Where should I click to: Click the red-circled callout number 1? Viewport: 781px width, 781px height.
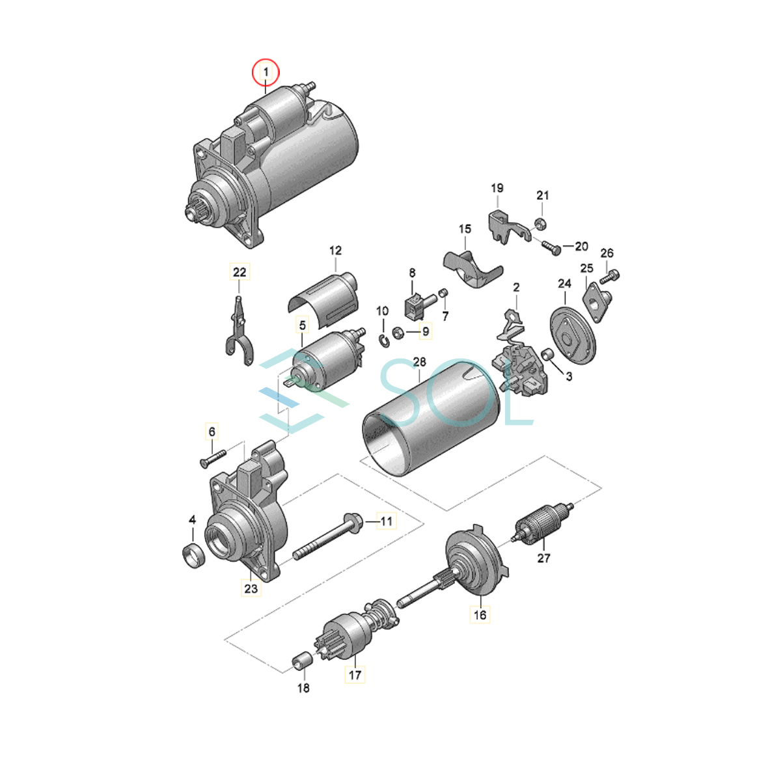pos(266,72)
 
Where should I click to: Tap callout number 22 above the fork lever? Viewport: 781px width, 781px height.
pos(240,272)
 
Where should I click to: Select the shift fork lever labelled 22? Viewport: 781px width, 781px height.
pos(240,331)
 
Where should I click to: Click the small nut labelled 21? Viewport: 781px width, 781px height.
pos(540,223)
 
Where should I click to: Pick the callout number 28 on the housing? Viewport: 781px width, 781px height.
pos(420,362)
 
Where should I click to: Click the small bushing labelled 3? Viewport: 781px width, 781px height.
pos(548,353)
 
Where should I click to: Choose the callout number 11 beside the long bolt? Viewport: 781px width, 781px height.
pos(386,521)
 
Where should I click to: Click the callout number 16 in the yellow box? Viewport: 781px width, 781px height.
pos(480,615)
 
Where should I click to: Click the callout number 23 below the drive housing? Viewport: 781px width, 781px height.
pos(251,588)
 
